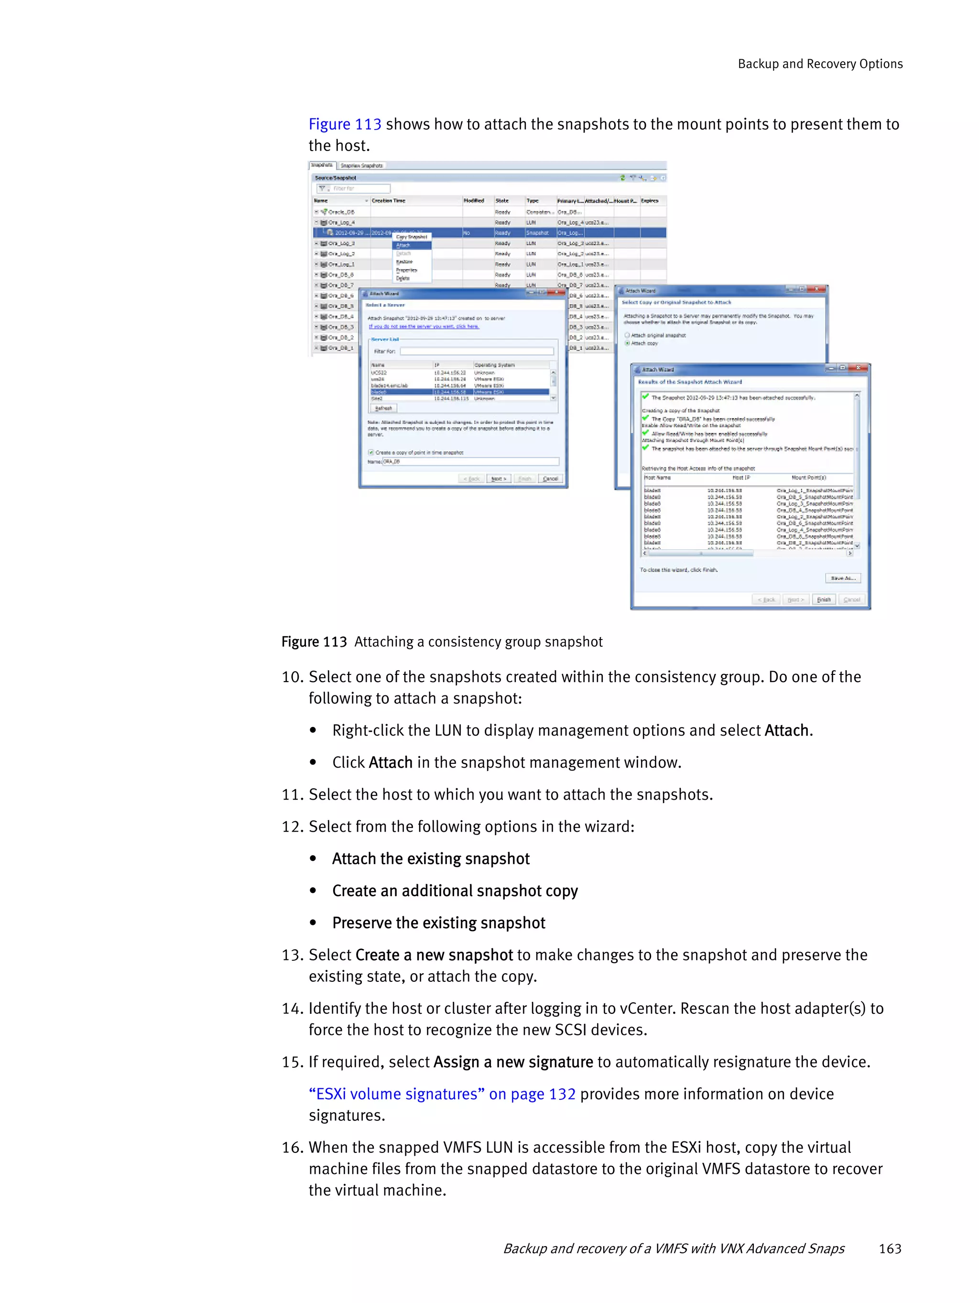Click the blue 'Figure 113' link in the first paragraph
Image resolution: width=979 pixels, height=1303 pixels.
[x=345, y=124]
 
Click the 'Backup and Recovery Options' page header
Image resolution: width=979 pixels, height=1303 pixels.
[x=819, y=64]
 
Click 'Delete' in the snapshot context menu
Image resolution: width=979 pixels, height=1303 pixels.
[x=403, y=278]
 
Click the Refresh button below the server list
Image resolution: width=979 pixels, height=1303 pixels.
[x=383, y=408]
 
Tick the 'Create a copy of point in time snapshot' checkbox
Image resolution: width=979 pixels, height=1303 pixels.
[x=371, y=452]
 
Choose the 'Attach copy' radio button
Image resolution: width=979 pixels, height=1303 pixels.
[x=627, y=343]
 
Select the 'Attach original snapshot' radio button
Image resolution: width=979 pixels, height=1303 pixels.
[x=627, y=335]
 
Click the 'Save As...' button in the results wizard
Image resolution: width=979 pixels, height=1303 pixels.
[x=842, y=578]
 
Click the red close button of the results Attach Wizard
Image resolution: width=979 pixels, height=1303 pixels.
[x=859, y=368]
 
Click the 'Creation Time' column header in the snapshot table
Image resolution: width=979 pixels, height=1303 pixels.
[x=389, y=200]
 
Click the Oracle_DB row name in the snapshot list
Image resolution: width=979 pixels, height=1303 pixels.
[x=342, y=212]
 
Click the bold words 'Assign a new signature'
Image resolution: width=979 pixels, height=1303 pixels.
[x=513, y=1062]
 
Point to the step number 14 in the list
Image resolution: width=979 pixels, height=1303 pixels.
[x=292, y=1009]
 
